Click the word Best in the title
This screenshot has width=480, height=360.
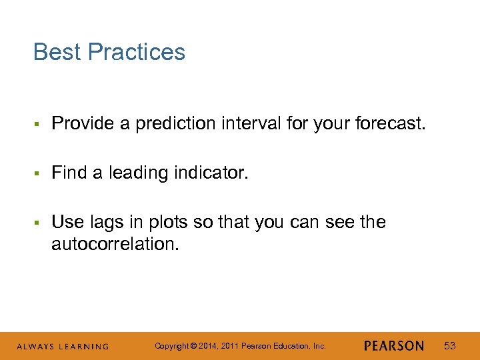[57, 52]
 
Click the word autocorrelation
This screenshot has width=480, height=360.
[115, 244]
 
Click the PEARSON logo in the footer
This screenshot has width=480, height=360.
[394, 346]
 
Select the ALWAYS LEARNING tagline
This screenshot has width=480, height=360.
[63, 347]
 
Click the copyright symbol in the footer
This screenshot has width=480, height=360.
[193, 346]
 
